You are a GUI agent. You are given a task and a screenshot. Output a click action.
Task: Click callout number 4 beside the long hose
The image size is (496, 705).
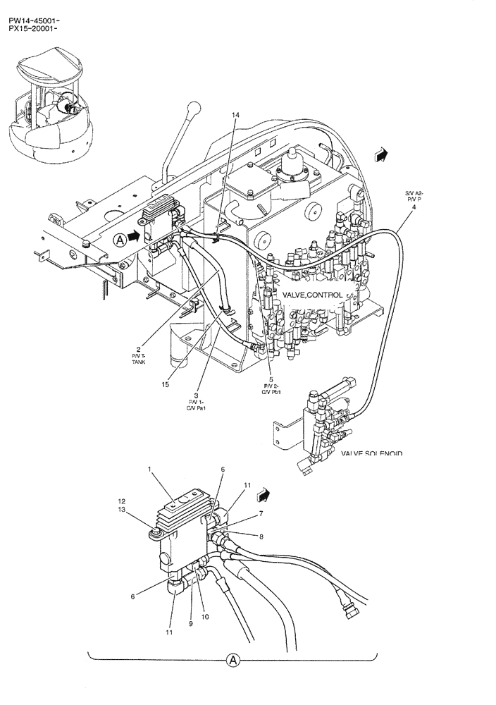414,207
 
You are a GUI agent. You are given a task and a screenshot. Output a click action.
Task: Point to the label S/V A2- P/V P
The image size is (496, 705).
414,196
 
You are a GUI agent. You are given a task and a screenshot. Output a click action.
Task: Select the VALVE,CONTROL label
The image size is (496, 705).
312,295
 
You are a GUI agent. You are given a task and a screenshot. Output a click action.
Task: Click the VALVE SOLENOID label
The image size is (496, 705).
371,454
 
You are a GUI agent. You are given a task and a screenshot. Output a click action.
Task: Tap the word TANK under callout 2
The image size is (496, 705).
139,362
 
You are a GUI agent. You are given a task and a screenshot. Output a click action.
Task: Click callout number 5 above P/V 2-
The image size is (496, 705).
271,379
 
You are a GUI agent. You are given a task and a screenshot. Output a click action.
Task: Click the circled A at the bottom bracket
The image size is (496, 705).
232,661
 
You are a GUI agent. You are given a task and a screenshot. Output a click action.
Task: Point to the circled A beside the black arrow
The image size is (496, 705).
120,239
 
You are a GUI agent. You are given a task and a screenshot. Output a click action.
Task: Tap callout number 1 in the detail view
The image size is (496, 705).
149,469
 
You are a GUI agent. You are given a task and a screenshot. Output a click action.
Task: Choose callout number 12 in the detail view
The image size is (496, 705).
121,501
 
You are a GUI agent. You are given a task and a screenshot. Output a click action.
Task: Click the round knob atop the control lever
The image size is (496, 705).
192,109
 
